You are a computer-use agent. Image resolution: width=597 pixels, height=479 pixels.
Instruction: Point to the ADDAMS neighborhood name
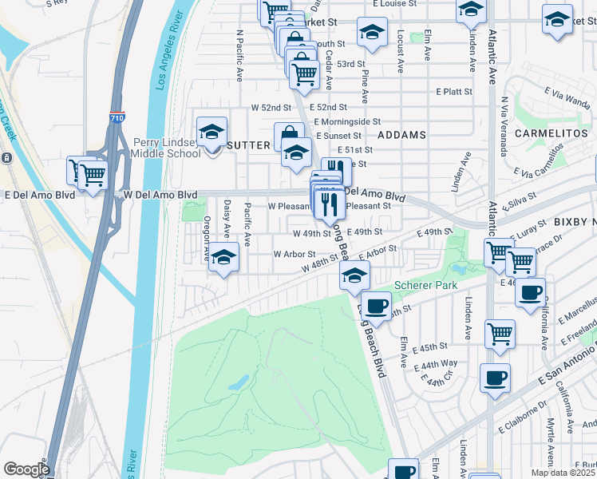[x=401, y=135]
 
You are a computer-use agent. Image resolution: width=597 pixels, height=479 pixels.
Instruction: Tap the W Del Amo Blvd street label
[x=160, y=194]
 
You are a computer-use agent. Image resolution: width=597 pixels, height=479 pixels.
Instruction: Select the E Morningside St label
[x=353, y=121]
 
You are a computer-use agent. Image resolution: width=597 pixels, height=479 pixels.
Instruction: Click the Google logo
[x=26, y=469]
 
